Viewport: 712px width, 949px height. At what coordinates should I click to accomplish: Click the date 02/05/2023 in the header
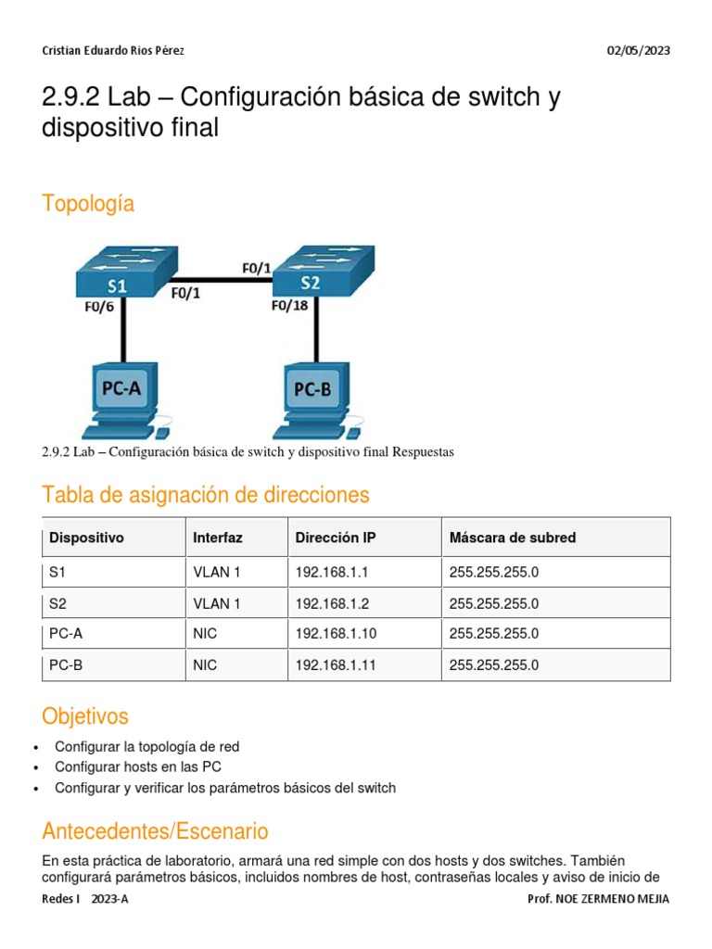point(639,51)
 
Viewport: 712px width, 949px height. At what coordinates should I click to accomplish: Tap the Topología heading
point(88,204)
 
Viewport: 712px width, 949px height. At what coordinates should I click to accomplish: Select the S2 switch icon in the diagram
point(314,270)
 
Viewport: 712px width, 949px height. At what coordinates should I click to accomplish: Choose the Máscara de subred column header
point(513,538)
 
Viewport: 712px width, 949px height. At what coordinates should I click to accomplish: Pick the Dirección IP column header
point(336,538)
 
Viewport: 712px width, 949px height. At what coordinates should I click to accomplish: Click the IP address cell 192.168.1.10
point(336,634)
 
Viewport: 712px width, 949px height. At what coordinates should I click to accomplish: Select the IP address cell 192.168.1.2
point(332,603)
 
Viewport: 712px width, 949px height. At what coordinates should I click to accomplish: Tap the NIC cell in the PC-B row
point(205,665)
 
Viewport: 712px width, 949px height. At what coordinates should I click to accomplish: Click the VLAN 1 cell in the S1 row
point(216,573)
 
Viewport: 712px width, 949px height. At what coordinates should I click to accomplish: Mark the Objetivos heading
point(85,716)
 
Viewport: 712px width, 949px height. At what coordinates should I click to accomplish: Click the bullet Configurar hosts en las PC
point(138,767)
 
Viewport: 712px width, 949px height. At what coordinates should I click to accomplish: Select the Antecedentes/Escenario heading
point(155,830)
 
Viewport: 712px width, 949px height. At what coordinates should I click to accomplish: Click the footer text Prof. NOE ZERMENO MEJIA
point(598,899)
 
